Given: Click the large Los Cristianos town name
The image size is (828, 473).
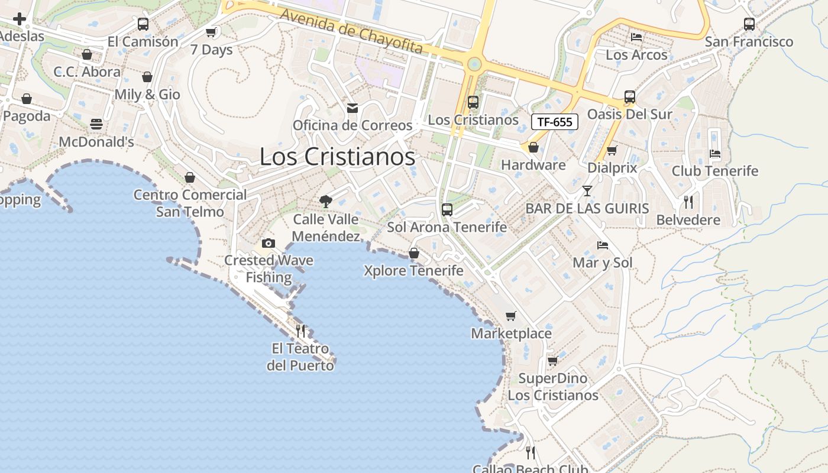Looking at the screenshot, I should coord(337,157).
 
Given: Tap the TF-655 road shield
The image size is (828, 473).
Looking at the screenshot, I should coord(554,122).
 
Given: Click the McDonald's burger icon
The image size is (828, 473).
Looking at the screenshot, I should coord(96,124).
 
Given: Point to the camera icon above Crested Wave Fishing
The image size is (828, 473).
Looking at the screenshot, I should coord(268,243).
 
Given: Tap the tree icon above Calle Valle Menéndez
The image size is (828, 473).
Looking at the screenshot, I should coord(325,202).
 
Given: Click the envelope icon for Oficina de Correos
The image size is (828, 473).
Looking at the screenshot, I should coord(352,108).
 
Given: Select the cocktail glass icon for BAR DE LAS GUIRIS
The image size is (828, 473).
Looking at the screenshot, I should coord(587,190).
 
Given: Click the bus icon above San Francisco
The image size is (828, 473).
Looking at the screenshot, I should coord(749,24).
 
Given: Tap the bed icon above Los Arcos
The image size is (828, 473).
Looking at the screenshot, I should coord(636,37).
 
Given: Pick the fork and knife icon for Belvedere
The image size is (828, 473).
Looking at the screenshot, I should coord(688,202).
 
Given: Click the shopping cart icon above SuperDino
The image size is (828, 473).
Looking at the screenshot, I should coord(552,361).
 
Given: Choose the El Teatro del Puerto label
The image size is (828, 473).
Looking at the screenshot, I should coord(300,357).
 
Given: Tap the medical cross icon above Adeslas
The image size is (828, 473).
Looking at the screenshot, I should coord(20,19).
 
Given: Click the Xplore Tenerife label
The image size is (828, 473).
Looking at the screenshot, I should coord(413,271).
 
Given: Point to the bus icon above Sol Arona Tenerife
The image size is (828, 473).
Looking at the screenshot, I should coord(447,210).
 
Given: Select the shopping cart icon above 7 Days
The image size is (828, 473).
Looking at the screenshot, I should coord(211,32).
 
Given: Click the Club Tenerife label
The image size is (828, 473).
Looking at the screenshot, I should coord(714,171).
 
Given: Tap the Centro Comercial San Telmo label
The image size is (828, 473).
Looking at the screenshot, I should coord(190,203).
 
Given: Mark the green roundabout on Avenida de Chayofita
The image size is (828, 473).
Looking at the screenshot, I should coord(473,64).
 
